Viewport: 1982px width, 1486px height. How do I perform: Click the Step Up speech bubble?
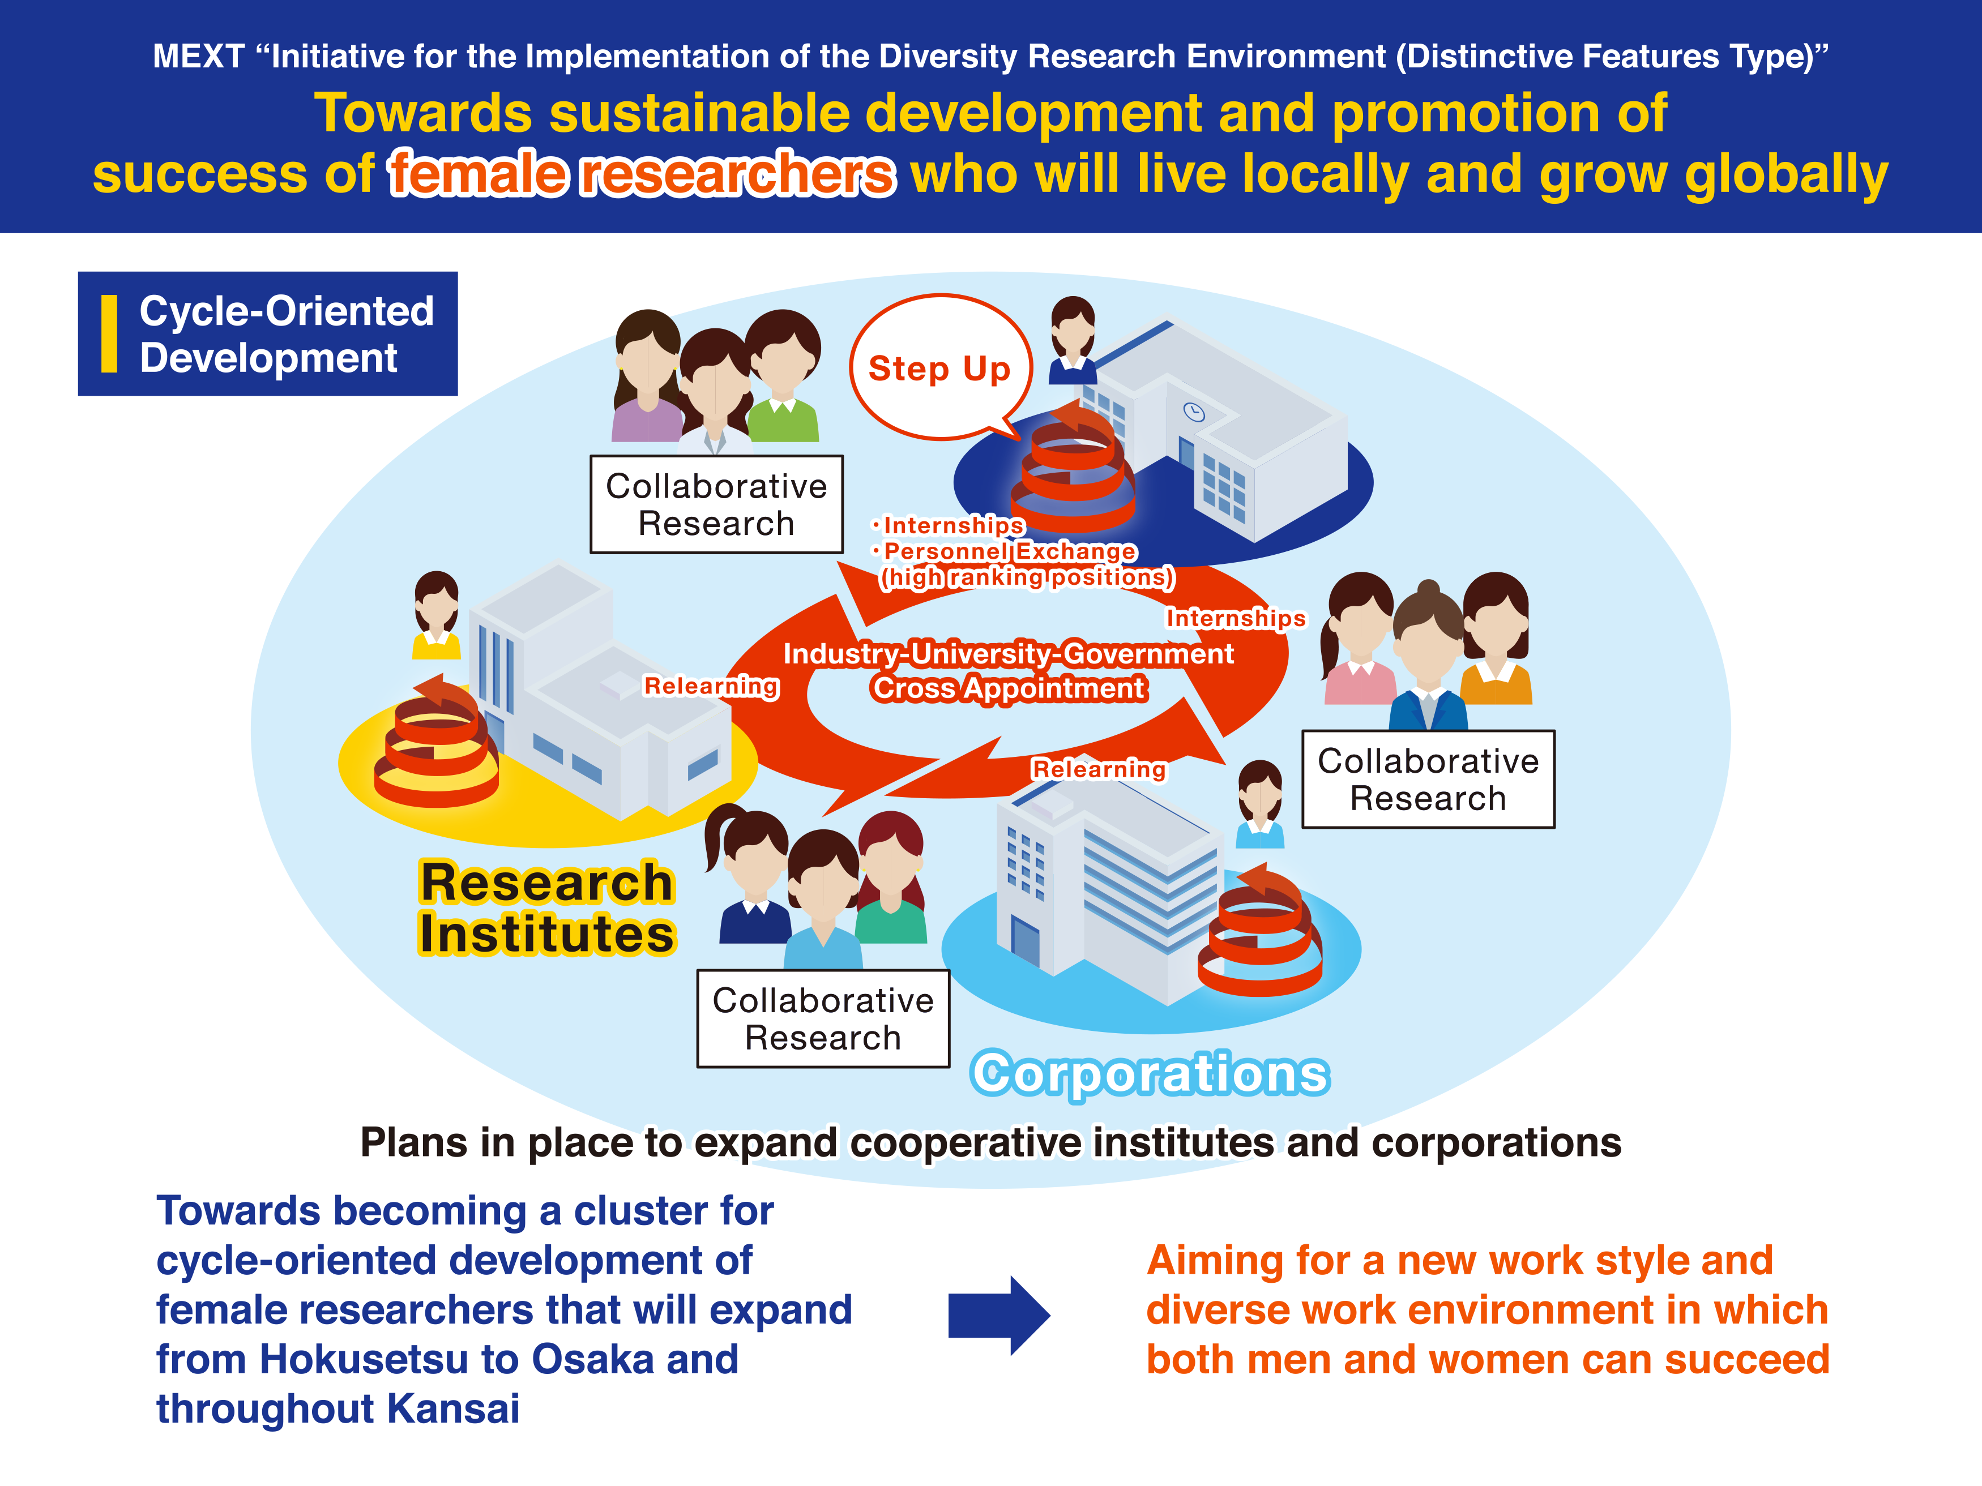(939, 367)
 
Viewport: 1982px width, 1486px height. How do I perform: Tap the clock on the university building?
(1194, 412)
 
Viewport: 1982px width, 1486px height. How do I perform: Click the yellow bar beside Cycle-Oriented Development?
(109, 333)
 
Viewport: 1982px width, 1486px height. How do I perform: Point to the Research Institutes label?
(546, 908)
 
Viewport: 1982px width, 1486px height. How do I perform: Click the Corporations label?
(1150, 1073)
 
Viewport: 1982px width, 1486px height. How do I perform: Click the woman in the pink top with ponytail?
(1359, 640)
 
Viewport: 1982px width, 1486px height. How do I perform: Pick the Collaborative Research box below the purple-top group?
(716, 504)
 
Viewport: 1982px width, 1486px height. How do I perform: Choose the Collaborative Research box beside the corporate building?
(1428, 780)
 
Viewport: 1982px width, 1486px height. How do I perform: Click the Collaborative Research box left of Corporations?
(823, 1018)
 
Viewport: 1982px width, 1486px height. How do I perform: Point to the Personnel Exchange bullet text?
(1009, 551)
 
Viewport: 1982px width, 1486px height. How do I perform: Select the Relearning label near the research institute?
(711, 686)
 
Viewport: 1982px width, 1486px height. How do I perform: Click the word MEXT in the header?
(198, 57)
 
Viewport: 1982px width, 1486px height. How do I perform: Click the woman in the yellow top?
(437, 618)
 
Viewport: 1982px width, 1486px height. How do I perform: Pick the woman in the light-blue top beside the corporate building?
(1260, 806)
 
